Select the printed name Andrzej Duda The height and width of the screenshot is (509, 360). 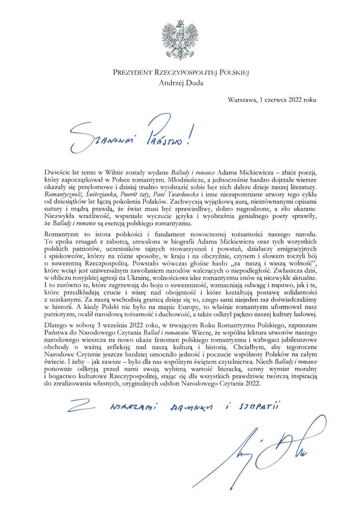(x=180, y=84)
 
